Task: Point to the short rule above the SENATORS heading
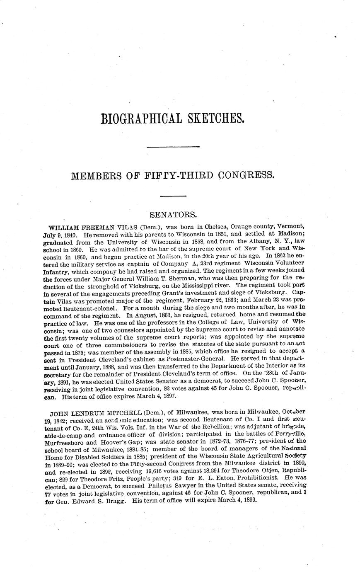click(173, 196)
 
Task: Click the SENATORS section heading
click(173, 215)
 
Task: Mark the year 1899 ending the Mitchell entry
click(249, 501)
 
